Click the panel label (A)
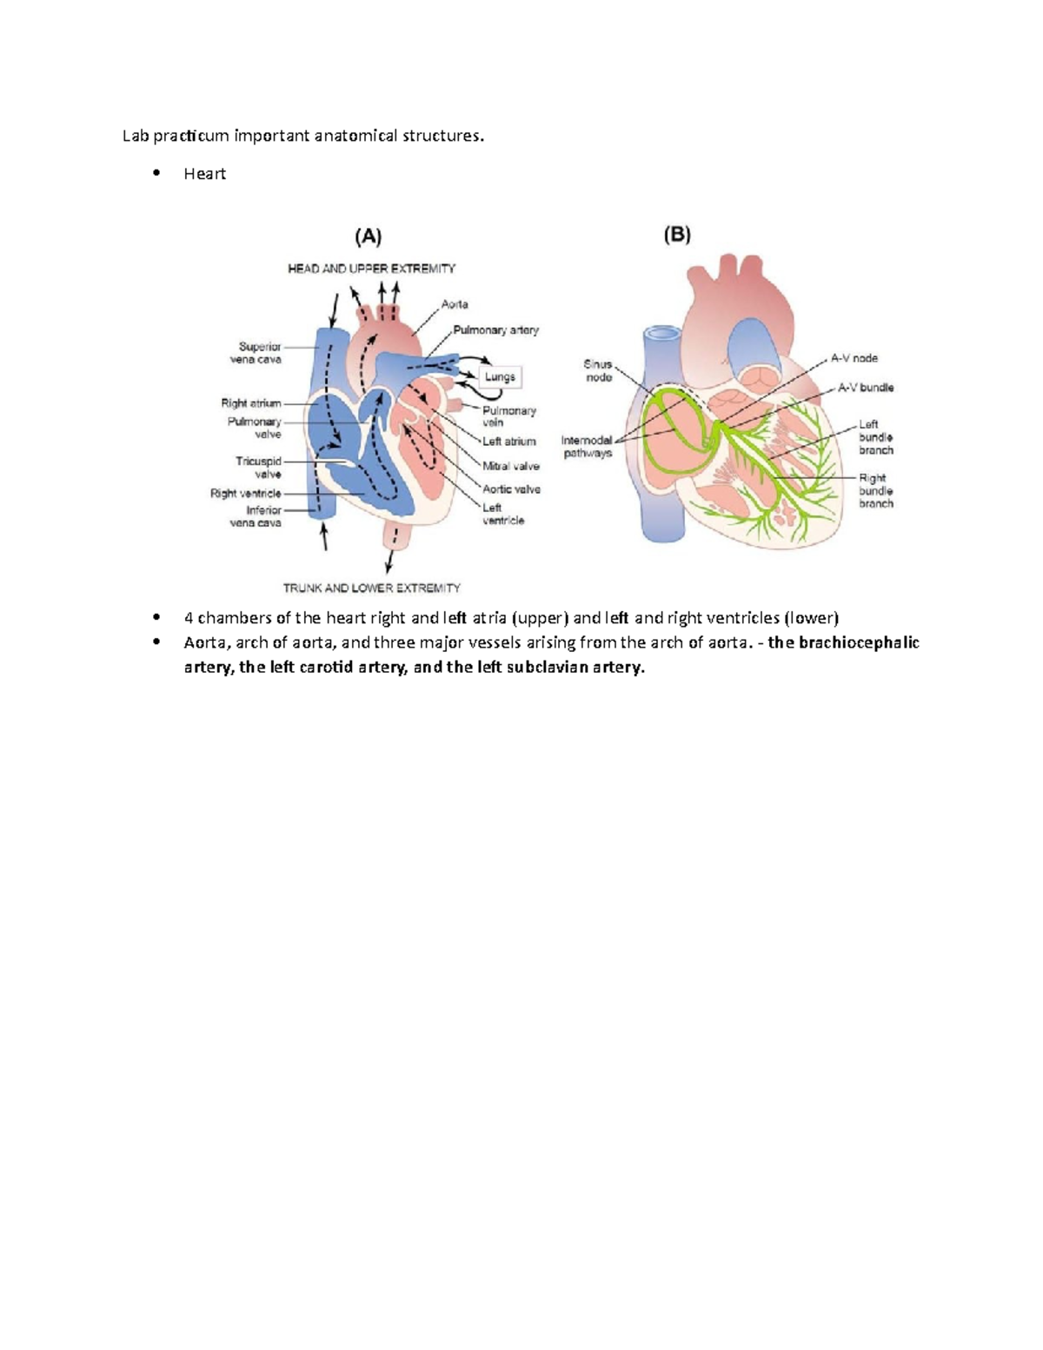[368, 236]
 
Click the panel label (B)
[677, 235]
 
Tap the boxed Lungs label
[500, 377]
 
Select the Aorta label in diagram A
[455, 304]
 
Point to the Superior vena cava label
[257, 353]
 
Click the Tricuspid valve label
[259, 468]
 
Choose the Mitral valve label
[511, 466]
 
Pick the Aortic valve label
[511, 489]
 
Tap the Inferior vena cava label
[257, 516]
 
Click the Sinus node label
[598, 371]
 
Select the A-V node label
[854, 358]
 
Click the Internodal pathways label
[587, 447]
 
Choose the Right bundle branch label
[875, 490]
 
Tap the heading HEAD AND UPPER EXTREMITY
[371, 269]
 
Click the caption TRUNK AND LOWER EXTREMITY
[371, 589]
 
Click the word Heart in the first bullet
[204, 174]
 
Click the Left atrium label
[509, 442]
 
